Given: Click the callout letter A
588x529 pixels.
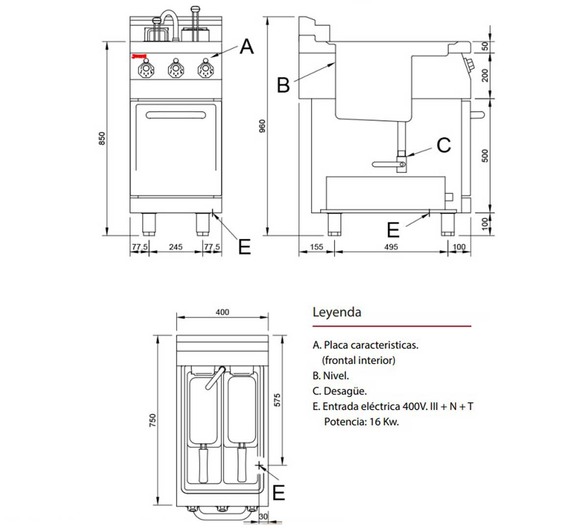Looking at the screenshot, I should coord(246,47).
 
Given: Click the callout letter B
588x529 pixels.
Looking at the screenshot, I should coord(283,85).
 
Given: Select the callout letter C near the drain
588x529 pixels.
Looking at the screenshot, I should coord(443,145).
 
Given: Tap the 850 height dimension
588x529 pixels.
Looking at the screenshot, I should coord(102,139).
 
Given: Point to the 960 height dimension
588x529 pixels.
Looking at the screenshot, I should coord(262,126).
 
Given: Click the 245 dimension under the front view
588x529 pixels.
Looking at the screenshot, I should coord(175,247).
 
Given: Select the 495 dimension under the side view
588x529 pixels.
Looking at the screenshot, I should coord(391,247).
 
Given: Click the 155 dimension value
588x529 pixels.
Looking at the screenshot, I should coord(317,247).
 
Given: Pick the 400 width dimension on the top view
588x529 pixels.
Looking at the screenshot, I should coord(222,312).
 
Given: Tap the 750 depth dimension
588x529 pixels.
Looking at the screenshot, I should coord(152,420).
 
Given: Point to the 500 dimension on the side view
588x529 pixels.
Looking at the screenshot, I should coord(485,156).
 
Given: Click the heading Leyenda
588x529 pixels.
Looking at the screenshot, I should coord(337,312).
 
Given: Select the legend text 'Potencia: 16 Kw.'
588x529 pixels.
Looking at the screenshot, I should coord(361,422).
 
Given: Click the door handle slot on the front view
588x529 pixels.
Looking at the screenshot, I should coord(175,115).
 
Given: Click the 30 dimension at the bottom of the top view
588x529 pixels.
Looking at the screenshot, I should coord(263,517).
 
